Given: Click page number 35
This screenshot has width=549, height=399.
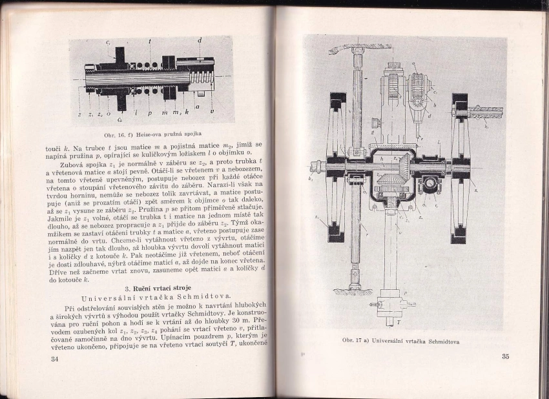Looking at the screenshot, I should [504, 356].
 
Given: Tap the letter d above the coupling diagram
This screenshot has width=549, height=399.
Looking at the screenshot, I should [200, 41].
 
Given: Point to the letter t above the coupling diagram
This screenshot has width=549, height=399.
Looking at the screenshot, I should [150, 41].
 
